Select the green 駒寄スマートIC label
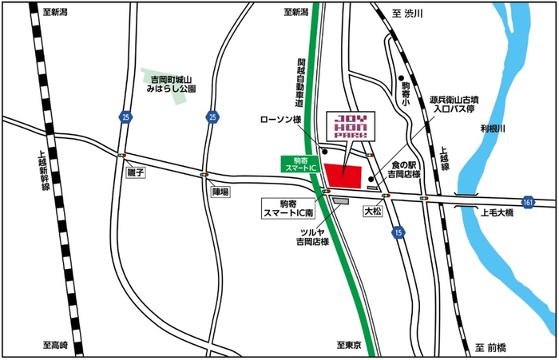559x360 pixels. coord(302,164)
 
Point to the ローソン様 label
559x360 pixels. coord(280,120)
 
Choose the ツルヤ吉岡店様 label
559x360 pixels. coord(313,235)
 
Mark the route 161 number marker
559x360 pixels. coord(529,203)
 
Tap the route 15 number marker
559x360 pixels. coord(398,231)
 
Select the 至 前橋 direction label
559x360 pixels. coord(490,347)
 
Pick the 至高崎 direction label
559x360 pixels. coord(56,346)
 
